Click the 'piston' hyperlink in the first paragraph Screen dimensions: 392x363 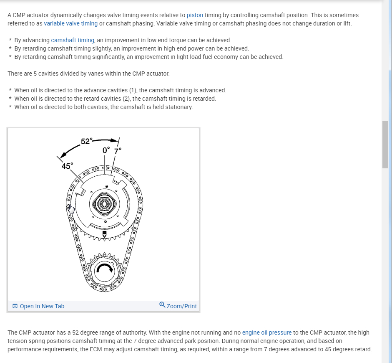pos(195,15)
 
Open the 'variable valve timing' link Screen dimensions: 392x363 pos(70,23)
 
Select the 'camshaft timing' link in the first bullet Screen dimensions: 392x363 pos(73,40)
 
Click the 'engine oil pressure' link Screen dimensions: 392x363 pos(266,333)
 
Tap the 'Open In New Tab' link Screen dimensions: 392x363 pos(42,306)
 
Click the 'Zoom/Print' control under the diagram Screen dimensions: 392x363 pos(181,306)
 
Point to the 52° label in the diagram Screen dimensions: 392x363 pos(86,141)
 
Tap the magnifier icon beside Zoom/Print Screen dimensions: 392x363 pos(162,305)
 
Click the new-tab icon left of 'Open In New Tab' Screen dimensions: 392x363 pos(15,306)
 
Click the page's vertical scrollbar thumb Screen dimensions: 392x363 pos(385,144)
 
